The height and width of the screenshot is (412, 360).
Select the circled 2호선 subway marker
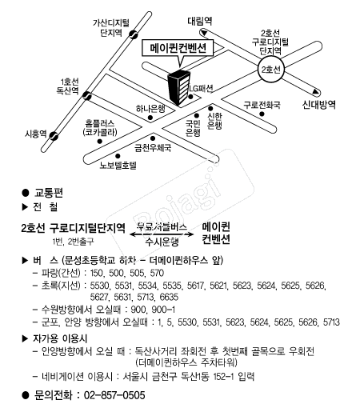point(272,70)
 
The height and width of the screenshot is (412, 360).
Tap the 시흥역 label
point(37,134)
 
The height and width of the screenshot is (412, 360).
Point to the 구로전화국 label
point(263,105)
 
